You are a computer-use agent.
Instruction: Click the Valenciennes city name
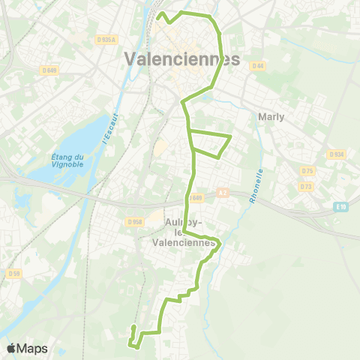point(184,58)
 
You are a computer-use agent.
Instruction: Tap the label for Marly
point(271,117)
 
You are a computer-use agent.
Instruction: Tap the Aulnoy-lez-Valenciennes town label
point(189,232)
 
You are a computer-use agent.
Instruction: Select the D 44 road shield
point(259,66)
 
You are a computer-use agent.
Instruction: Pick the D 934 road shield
point(336,154)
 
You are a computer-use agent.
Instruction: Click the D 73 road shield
point(305,185)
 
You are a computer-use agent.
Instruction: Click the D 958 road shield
point(135,221)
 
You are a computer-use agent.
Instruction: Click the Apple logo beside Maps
point(11,348)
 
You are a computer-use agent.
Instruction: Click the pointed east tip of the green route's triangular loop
point(229,135)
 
